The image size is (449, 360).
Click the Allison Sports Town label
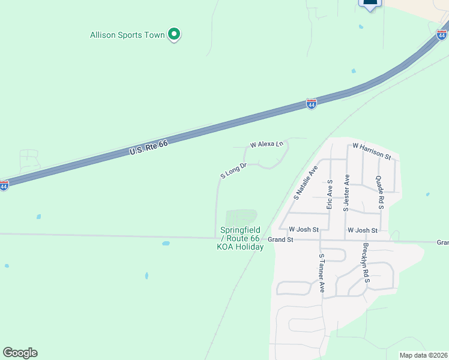(127, 35)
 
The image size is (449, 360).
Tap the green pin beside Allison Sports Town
(174, 34)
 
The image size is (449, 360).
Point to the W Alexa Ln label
(266, 145)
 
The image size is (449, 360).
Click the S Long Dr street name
(234, 170)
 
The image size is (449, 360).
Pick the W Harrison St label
(372, 151)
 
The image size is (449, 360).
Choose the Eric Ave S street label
(330, 193)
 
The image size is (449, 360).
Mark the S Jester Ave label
(346, 193)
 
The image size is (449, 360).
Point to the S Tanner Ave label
(322, 273)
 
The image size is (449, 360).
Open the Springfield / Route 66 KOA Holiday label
(241, 239)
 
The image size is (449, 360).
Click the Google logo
(20, 353)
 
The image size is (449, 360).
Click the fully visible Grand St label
(280, 239)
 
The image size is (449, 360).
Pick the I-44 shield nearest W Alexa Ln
(311, 104)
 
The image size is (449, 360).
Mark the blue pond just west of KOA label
(166, 244)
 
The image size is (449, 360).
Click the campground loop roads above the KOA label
(241, 217)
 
